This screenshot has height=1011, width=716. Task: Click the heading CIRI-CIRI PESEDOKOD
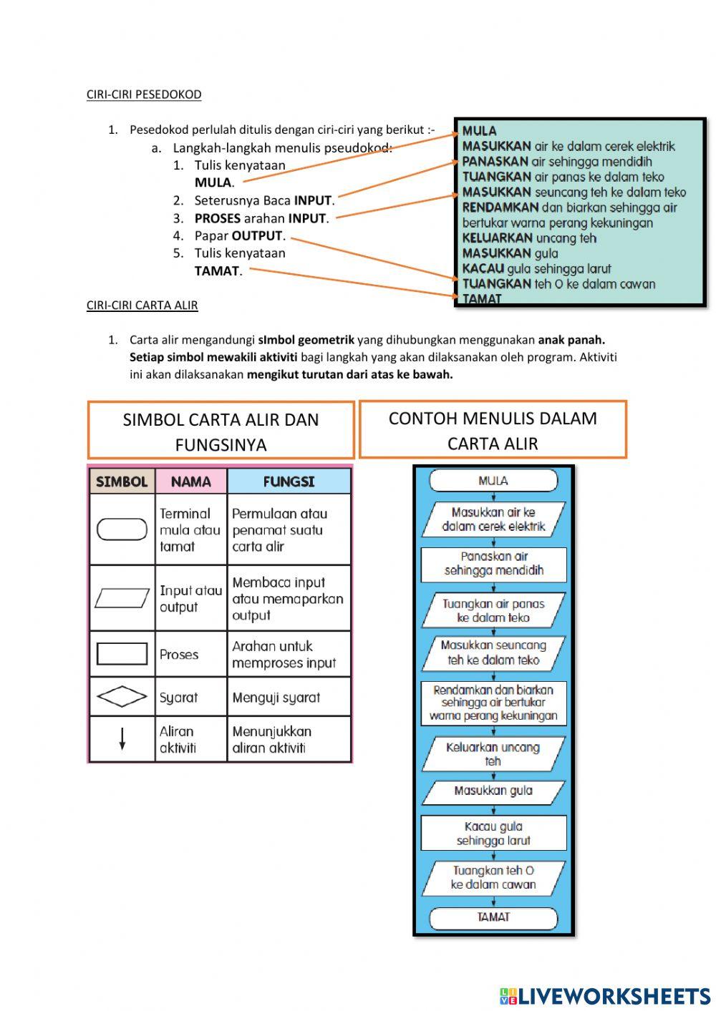(144, 94)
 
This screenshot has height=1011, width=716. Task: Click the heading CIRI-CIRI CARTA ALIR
(142, 305)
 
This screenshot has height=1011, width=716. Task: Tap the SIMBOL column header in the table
(122, 482)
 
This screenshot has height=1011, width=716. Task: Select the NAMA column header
(190, 482)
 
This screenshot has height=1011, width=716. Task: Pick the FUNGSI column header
(289, 482)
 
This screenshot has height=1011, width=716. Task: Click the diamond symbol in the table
(122, 696)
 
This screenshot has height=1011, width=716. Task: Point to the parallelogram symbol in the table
(122, 597)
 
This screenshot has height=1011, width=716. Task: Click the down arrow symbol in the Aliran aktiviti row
(122, 738)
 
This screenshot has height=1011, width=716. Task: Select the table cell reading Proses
(179, 654)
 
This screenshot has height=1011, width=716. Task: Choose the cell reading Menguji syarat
(276, 698)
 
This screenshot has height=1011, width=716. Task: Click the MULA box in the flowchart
(493, 481)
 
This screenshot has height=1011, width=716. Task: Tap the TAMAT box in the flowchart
(493, 917)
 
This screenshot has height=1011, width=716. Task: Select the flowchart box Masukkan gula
(493, 791)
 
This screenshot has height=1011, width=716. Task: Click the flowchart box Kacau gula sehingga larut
(493, 834)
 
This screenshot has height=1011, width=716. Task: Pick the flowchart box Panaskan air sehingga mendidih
(493, 563)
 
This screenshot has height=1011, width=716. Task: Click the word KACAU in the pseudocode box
(483, 269)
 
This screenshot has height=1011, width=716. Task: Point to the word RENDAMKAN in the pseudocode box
(500, 207)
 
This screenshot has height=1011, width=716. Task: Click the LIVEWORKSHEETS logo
(605, 995)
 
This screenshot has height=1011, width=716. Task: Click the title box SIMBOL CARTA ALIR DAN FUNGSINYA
(221, 431)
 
